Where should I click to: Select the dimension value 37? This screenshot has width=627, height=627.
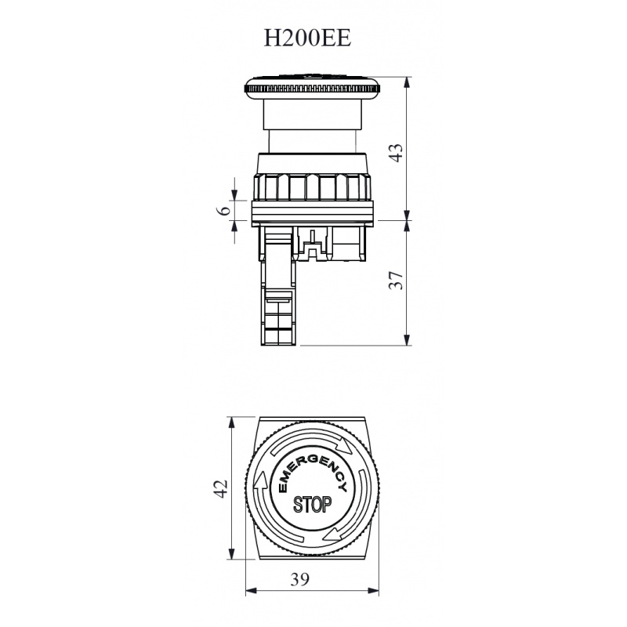pyautogui.click(x=397, y=281)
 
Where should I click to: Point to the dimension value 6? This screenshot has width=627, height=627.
pyautogui.click(x=223, y=210)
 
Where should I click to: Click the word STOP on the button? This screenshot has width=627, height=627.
pyautogui.click(x=312, y=503)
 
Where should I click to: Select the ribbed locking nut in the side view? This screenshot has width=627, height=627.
pyautogui.click(x=312, y=187)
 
